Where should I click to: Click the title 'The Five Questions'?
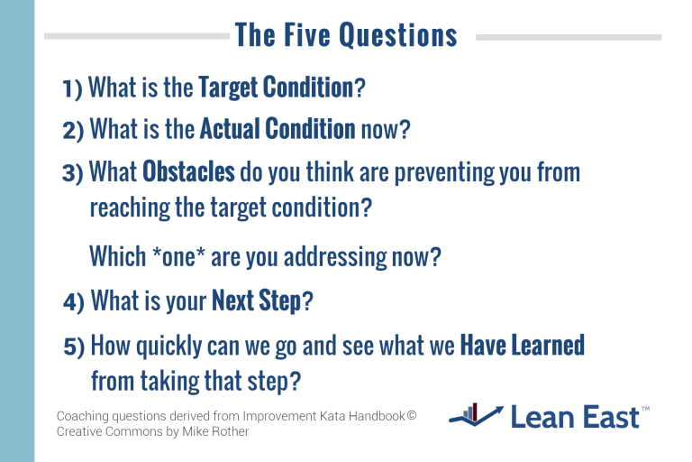(346, 36)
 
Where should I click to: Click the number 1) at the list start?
(72, 88)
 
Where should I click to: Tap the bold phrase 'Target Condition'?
(275, 88)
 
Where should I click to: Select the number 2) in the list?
(73, 130)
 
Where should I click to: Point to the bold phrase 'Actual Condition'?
(278, 129)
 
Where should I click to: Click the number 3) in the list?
(73, 172)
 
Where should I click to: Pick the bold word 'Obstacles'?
(188, 171)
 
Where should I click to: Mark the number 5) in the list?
(74, 346)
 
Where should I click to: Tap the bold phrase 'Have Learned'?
(522, 345)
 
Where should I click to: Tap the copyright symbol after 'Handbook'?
(411, 416)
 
